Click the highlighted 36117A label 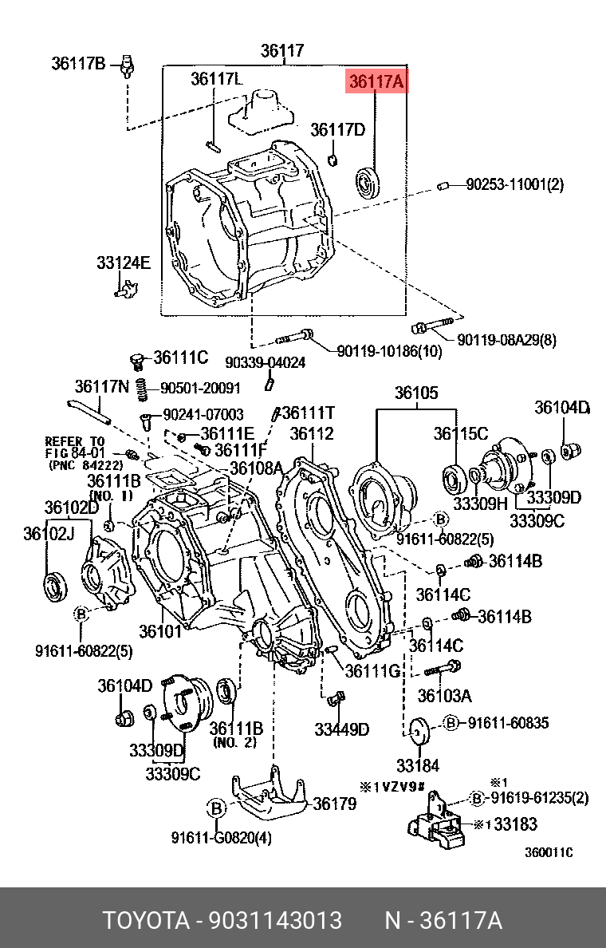tap(376, 82)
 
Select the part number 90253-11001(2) tap(515, 184)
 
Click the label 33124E tap(124, 263)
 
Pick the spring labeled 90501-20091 tap(141, 389)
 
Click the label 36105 tap(417, 393)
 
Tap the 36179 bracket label tap(335, 804)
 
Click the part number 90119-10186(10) tap(389, 350)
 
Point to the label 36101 tap(161, 631)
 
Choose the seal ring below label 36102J tap(54, 585)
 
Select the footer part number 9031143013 tap(276, 921)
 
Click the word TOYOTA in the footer tap(147, 921)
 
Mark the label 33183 tap(515, 824)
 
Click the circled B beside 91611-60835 tap(451, 722)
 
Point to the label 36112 tap(311, 433)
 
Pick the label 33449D tap(341, 729)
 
